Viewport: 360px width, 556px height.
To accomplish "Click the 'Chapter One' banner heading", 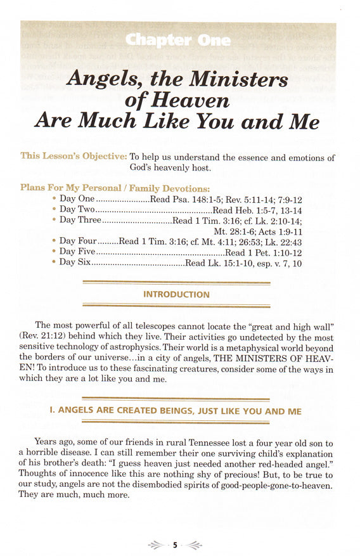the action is [x=179, y=40].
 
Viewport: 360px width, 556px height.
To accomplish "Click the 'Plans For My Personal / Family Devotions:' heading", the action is [x=115, y=188].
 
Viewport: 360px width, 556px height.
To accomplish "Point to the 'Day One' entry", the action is [x=77, y=199].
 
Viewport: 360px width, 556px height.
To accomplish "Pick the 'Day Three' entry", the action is [x=80, y=221].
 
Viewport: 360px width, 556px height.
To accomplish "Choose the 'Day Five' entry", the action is [x=77, y=252].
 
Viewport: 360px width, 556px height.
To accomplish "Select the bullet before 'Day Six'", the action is [x=54, y=262].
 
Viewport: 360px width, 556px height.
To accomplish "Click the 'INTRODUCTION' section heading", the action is [x=176, y=295].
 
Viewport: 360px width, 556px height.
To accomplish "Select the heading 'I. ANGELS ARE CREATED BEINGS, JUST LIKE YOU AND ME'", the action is [x=176, y=411].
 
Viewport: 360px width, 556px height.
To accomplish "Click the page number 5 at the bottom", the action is [x=175, y=545].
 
